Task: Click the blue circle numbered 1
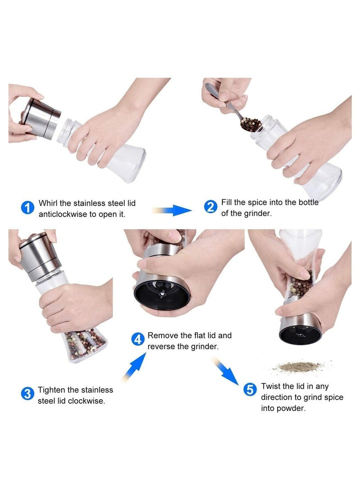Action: (27, 207)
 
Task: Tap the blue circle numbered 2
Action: (211, 207)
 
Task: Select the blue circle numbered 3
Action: (27, 394)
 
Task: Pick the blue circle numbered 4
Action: (138, 339)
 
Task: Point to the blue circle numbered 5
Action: (250, 389)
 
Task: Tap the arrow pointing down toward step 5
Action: (227, 370)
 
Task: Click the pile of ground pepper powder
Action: (298, 367)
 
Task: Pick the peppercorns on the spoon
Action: (251, 123)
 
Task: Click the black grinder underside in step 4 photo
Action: (162, 295)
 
